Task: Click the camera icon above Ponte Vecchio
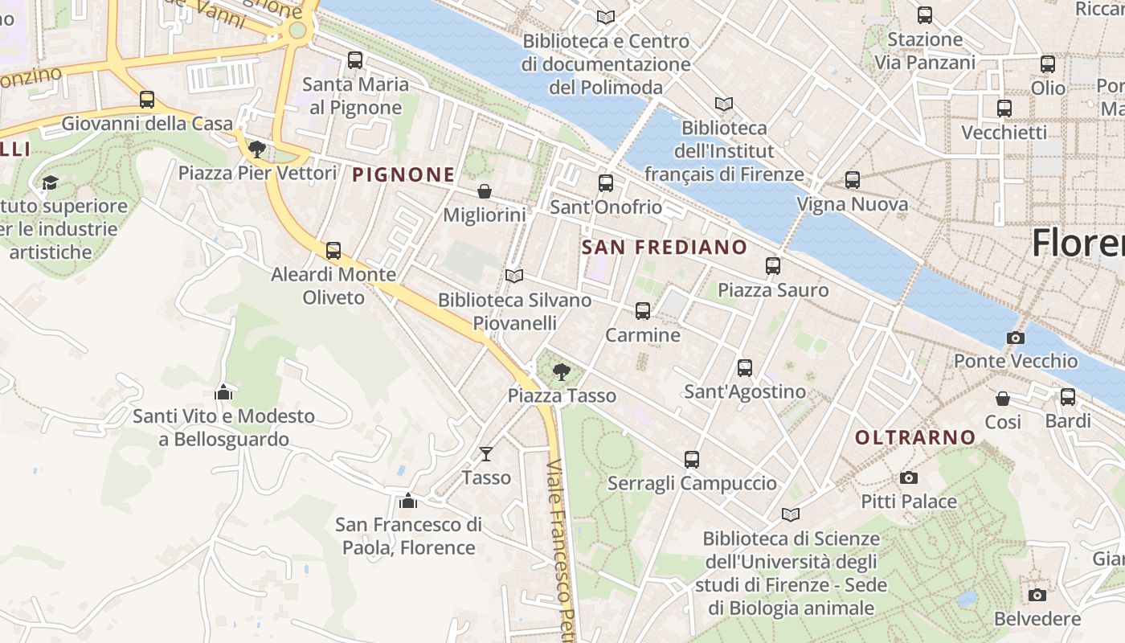tap(1015, 338)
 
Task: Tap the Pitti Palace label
tap(909, 502)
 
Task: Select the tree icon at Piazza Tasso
tap(562, 371)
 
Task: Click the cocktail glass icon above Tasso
tap(485, 454)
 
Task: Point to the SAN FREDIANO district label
tap(664, 247)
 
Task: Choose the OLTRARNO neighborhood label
tap(915, 437)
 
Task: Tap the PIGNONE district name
tap(403, 174)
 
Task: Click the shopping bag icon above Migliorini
tap(485, 191)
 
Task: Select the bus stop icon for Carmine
tap(642, 311)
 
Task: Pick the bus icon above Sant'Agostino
tap(745, 368)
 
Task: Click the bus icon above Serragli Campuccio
tap(692, 460)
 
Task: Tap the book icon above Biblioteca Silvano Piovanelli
tap(514, 276)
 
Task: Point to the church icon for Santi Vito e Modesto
tap(223, 392)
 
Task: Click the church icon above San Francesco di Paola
tap(408, 501)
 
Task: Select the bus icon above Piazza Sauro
tap(773, 266)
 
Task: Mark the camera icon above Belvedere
tap(1037, 596)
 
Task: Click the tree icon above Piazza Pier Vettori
tap(257, 149)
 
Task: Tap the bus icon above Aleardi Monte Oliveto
tap(333, 251)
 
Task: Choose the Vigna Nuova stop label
tap(852, 204)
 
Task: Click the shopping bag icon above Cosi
tap(1003, 399)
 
